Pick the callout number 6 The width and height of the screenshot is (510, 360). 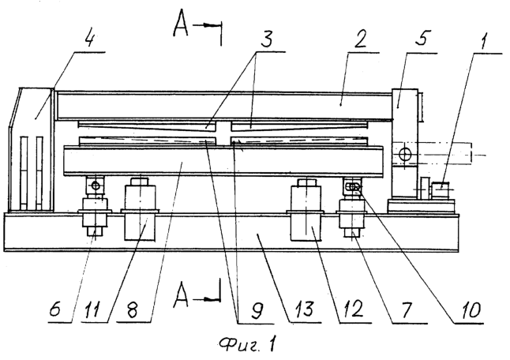55,309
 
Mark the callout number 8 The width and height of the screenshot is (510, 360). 133,311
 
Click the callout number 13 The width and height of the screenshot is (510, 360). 304,309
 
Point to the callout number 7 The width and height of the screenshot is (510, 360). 407,309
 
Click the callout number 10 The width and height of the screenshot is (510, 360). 470,310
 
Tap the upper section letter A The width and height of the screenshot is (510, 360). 181,24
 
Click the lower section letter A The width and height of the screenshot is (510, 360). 181,295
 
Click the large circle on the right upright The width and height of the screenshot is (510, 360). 405,154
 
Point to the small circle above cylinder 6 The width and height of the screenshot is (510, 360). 96,186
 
